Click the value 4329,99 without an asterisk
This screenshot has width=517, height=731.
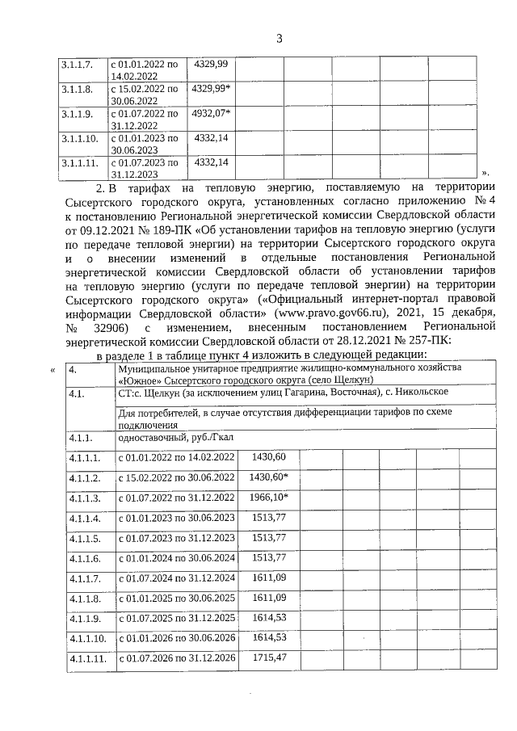point(209,63)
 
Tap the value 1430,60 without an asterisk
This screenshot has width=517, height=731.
point(269,457)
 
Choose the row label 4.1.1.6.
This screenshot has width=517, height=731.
point(85,558)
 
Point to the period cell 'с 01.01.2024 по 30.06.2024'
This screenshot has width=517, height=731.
point(177,558)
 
